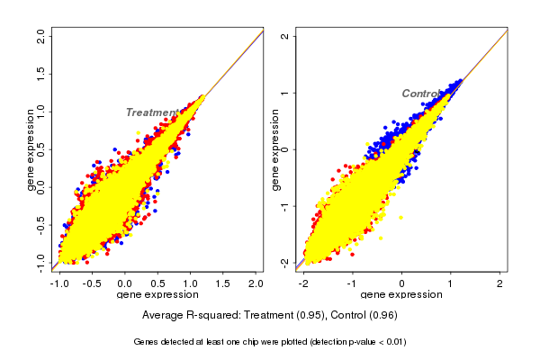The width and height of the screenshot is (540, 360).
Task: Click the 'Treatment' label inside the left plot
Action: [x=151, y=112]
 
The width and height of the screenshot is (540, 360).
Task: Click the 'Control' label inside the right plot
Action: [x=421, y=94]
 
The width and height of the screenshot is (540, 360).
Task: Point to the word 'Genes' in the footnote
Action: [x=148, y=342]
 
